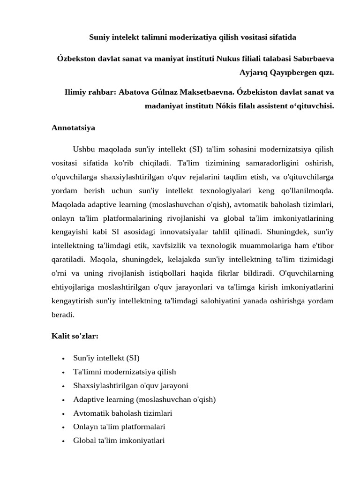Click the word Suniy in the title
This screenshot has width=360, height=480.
pyautogui.click(x=100, y=37)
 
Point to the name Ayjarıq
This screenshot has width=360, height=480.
pyautogui.click(x=255, y=73)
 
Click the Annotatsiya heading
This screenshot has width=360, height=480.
pyautogui.click(x=73, y=127)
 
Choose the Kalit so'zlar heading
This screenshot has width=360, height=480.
pyautogui.click(x=75, y=336)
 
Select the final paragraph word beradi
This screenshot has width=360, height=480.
pyautogui.click(x=63, y=315)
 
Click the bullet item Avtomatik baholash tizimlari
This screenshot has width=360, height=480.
pyautogui.click(x=123, y=413)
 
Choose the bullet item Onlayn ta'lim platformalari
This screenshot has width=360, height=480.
pyautogui.click(x=119, y=427)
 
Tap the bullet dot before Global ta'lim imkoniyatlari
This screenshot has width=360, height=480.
pyautogui.click(x=63, y=441)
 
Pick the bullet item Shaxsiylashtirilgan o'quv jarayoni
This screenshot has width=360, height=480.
pyautogui.click(x=131, y=386)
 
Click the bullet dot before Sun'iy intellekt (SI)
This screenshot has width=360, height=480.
pyautogui.click(x=63, y=359)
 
